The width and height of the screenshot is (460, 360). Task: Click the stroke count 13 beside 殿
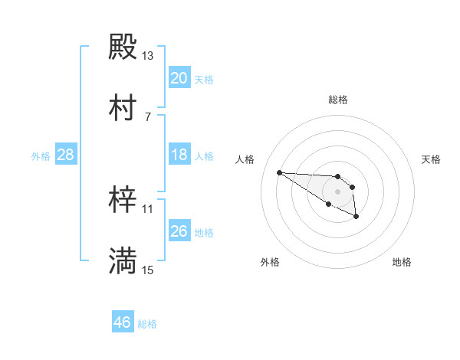[148, 56]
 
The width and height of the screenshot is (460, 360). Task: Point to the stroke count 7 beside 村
[148, 116]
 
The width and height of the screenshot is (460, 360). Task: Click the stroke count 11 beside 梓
[148, 208]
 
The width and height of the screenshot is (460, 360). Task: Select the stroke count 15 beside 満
[148, 270]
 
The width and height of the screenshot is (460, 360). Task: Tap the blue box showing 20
[179, 78]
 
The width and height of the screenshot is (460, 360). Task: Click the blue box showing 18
[179, 155]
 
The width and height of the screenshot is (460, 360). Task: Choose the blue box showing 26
[179, 231]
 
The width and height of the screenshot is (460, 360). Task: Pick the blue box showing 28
[66, 155]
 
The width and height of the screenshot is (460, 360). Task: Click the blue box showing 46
[123, 322]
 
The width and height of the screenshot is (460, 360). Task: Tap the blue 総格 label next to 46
[147, 324]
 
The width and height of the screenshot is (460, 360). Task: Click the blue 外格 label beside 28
[41, 156]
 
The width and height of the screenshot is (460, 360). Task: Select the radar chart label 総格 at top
[338, 100]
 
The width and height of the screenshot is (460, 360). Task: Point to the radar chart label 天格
[431, 159]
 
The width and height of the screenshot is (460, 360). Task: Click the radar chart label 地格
[402, 262]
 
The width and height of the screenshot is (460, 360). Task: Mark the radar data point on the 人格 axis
[280, 172]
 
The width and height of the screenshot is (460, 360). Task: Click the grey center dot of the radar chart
[337, 191]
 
